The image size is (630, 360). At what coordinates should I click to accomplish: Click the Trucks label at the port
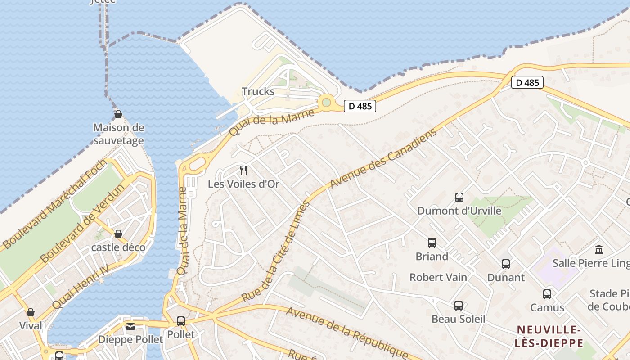258,91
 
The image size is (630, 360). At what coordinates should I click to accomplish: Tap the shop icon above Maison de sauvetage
118,115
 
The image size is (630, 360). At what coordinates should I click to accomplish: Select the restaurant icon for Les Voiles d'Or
243,170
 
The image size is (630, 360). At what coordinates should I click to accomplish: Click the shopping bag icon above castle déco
118,234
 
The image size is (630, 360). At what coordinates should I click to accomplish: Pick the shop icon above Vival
31,312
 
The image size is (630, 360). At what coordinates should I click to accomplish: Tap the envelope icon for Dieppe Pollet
130,326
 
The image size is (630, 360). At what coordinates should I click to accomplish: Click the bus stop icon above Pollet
181,321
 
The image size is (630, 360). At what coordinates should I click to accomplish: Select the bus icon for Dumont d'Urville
459,197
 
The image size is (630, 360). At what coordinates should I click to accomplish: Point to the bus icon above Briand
432,243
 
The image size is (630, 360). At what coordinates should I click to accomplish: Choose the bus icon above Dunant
506,264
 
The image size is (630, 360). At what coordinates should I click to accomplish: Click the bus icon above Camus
547,294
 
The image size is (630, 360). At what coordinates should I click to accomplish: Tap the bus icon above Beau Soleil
458,306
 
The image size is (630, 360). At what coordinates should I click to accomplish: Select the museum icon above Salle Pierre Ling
599,249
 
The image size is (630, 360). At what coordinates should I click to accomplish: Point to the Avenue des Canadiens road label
383,158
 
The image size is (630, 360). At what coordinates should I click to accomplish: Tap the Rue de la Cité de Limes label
276,252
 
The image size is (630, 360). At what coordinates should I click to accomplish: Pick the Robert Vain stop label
438,277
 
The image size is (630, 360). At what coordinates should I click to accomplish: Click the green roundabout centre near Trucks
327,103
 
